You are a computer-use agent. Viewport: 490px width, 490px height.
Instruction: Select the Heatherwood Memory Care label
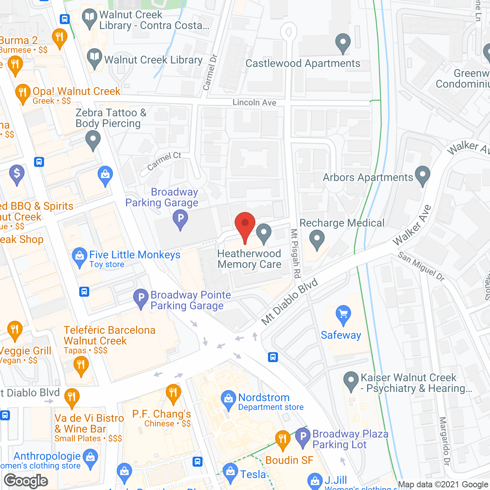coord(249,259)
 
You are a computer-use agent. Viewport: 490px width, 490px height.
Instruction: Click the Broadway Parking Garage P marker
coord(180,219)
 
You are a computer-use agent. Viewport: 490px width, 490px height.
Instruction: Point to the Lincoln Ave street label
coord(254,103)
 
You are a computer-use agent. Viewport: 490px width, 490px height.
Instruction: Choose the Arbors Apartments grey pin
coord(423,175)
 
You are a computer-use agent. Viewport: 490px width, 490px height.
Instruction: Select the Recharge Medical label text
coord(342,223)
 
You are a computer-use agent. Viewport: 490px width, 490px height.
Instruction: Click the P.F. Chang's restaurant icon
coord(173,393)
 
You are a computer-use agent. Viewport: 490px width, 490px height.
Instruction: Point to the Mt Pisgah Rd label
coord(295,253)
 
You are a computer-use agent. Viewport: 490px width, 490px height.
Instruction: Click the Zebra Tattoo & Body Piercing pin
coord(93,139)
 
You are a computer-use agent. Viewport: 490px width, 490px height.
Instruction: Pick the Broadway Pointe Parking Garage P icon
coord(141,297)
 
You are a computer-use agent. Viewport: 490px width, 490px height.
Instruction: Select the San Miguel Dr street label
coord(421,266)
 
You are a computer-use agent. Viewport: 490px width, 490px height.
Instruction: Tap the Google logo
coord(26,481)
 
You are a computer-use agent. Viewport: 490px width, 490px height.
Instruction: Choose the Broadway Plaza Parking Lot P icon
coord(303,437)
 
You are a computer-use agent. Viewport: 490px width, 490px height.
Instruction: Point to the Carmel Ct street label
coord(164,161)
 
